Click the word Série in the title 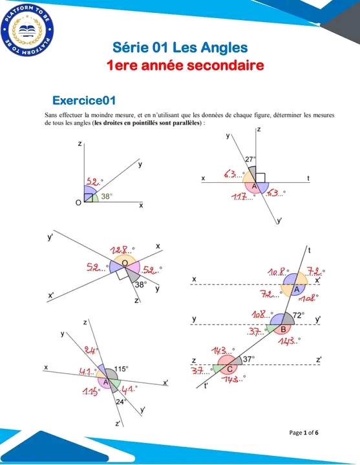pyautogui.click(x=131, y=47)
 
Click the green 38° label pyautogui.click(x=107, y=196)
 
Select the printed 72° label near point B pyautogui.click(x=299, y=316)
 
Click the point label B pyautogui.click(x=283, y=329)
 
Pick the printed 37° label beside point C pyautogui.click(x=248, y=358)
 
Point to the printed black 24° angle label pyautogui.click(x=120, y=402)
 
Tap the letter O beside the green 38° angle pyautogui.click(x=79, y=205)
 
